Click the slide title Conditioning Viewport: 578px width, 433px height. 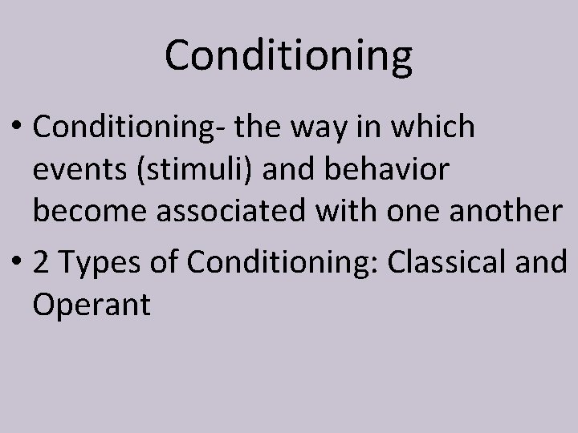click(x=288, y=56)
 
